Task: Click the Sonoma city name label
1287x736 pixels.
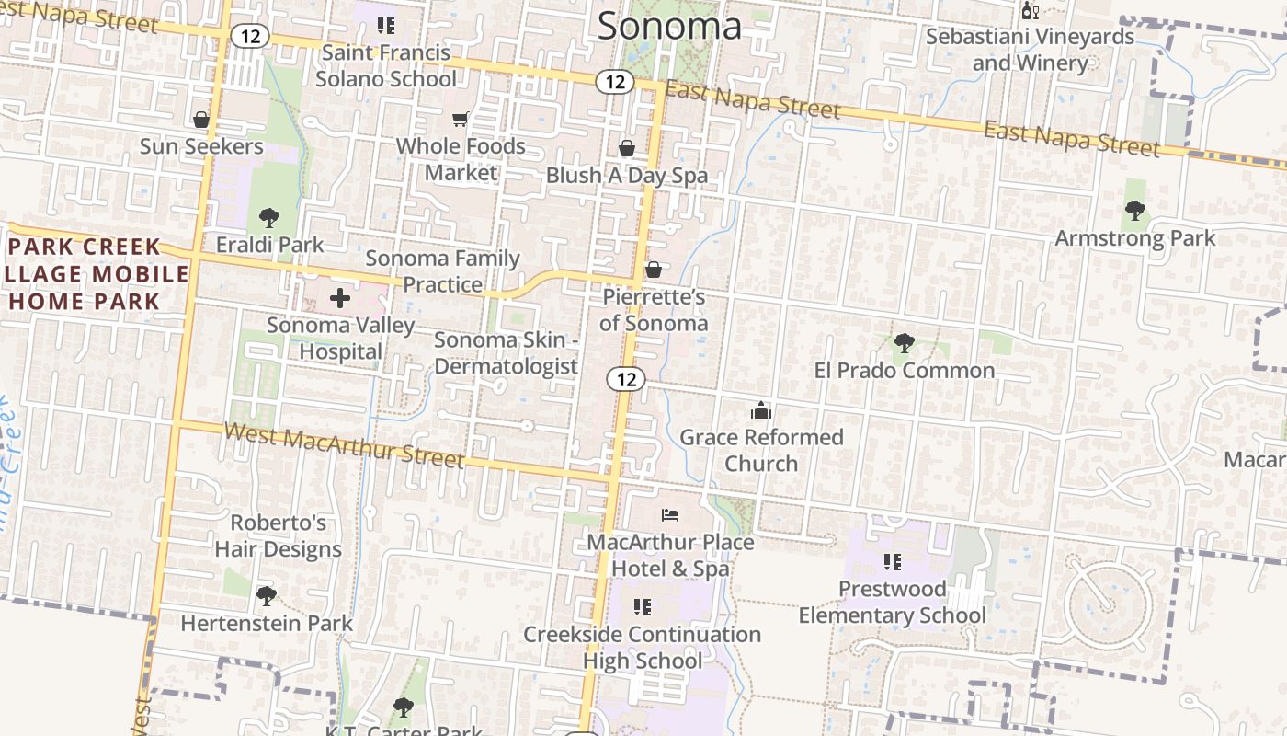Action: [669, 26]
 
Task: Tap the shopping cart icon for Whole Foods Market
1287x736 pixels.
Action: [460, 119]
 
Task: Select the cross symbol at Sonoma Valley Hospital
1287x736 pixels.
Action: [340, 297]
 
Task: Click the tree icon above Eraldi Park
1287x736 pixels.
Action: [268, 218]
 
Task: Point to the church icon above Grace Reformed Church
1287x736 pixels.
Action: [761, 410]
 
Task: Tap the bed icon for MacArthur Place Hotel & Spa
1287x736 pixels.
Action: [670, 515]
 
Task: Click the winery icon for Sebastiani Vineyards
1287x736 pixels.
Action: [1030, 11]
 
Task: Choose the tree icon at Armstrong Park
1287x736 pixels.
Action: [1135, 211]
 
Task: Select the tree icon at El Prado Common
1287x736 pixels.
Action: [905, 343]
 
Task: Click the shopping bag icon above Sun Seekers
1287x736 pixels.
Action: [201, 120]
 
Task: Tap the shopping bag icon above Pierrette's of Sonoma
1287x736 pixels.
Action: [654, 270]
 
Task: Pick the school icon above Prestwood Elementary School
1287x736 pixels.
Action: [892, 561]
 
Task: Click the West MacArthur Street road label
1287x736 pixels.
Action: [344, 445]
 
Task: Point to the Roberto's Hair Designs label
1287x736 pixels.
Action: [278, 536]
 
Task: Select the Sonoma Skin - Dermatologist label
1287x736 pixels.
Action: [506, 353]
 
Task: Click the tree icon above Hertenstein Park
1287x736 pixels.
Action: [267, 596]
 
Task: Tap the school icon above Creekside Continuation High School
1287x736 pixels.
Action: [643, 607]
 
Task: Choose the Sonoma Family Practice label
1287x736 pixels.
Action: [443, 271]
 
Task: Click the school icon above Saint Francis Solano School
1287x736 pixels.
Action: [386, 26]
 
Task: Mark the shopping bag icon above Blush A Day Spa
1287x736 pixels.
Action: [627, 148]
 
